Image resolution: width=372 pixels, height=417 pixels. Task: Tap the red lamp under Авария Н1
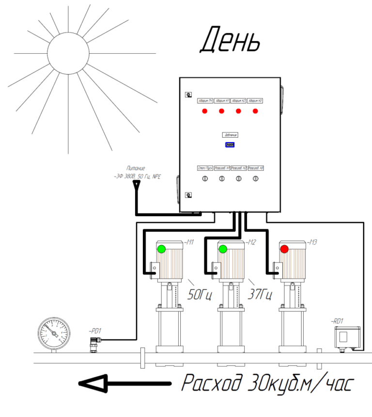(x=221, y=111)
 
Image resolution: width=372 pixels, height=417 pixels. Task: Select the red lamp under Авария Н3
(x=255, y=111)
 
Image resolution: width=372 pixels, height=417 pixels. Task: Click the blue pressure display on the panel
(x=230, y=144)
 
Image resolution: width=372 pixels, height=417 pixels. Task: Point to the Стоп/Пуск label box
(x=205, y=169)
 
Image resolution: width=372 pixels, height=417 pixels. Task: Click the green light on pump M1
(x=161, y=249)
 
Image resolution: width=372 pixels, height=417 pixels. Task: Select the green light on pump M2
(x=223, y=249)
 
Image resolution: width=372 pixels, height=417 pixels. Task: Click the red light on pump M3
(x=284, y=249)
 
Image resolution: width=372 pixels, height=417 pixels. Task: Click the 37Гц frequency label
(x=260, y=294)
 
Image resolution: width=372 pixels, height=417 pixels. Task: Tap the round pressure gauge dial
(x=54, y=333)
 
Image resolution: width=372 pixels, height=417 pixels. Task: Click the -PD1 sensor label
(x=94, y=331)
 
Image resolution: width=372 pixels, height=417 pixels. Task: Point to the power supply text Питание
(x=135, y=168)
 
